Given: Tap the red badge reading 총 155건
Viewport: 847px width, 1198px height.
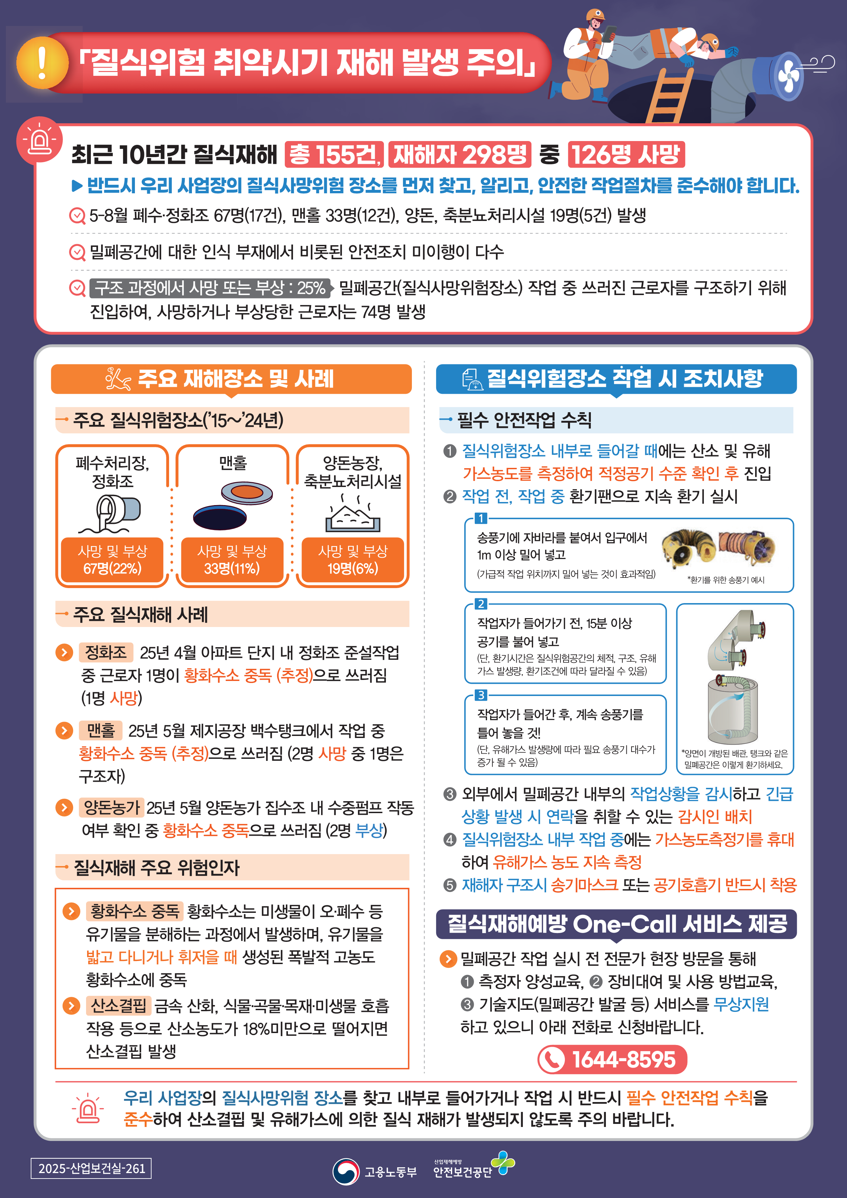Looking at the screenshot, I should (x=334, y=154).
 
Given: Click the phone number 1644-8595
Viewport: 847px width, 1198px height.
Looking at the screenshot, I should (x=612, y=1059).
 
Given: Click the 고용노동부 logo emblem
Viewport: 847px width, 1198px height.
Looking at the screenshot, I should (x=346, y=1171).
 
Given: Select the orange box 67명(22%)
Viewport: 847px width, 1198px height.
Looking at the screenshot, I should (x=112, y=560).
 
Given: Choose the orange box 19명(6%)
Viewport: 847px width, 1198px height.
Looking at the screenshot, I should (x=353, y=560).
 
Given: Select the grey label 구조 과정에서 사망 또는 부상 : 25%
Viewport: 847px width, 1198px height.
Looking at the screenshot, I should (x=210, y=288).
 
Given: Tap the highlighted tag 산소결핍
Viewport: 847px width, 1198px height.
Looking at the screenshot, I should (x=119, y=1005).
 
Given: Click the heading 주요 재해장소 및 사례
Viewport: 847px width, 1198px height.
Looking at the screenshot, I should (x=231, y=379).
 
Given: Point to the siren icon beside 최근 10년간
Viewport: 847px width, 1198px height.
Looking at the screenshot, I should (x=40, y=139).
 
